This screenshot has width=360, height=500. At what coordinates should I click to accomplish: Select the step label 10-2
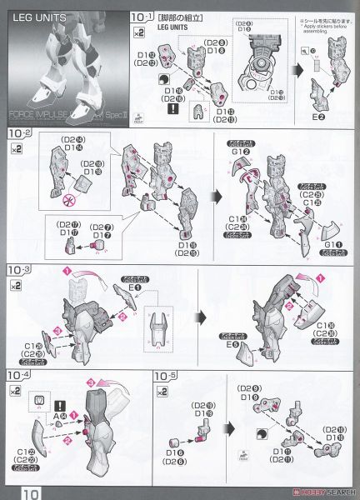point(20,133)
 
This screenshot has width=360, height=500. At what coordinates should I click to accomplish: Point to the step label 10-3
point(20,271)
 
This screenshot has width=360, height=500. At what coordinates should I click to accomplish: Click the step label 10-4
point(20,376)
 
